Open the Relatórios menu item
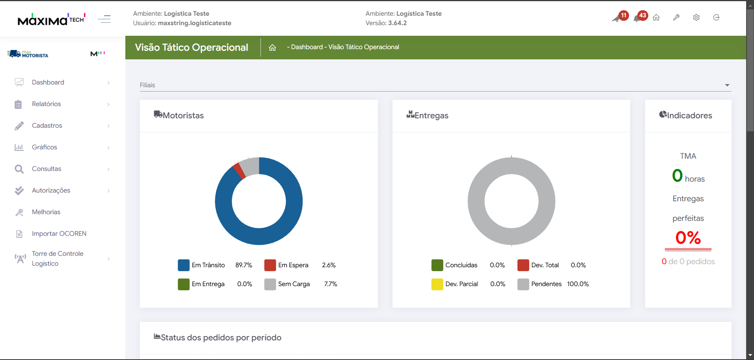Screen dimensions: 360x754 pos(46,104)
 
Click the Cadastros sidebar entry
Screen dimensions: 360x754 pos(47,126)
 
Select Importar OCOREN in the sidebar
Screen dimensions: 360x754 pos(59,234)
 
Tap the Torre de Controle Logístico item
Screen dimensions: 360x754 pos(57,259)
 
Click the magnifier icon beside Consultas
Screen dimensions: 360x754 pos(19,169)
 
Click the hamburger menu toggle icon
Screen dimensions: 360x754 pos(104,19)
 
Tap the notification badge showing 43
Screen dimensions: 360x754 pos(642,16)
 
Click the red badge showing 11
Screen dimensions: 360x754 pos(624,16)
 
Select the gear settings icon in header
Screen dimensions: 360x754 pos(696,18)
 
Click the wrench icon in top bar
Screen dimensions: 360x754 pos(676,18)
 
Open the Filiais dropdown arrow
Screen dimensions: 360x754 pos(727,85)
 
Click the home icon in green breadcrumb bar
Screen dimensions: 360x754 pos(272,48)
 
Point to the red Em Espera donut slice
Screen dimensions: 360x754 pos(239,171)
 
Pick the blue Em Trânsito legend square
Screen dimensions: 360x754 pos(183,265)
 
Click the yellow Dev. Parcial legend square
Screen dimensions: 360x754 pos(437,284)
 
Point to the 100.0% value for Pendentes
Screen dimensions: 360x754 pos(578,284)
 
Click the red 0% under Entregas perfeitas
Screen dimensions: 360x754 pos(688,238)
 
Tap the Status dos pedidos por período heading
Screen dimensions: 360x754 pos(221,338)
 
